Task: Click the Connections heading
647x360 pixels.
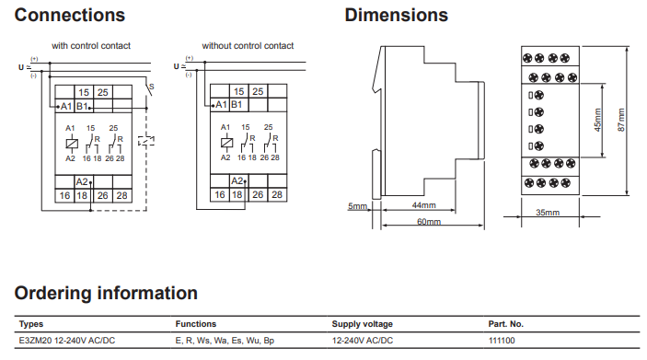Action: click(70, 16)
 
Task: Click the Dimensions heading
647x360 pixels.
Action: click(396, 16)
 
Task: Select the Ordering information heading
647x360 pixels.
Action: click(106, 293)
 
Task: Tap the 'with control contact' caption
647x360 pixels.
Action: click(91, 46)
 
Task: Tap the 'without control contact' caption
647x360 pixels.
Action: click(248, 46)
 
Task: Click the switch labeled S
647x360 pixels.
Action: click(149, 89)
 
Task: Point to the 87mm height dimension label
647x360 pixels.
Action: click(621, 120)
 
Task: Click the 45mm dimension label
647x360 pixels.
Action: click(597, 120)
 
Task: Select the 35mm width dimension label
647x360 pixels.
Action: click(548, 212)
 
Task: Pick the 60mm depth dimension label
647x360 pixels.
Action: click(429, 222)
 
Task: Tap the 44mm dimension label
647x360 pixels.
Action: click(423, 205)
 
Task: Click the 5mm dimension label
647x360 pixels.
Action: click(357, 206)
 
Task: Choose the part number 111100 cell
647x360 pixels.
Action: click(502, 341)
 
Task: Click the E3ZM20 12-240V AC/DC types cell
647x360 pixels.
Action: click(67, 341)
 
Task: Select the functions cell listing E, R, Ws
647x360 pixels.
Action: click(225, 341)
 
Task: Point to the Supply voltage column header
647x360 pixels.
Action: click(363, 324)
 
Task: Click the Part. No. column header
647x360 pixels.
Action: click(506, 324)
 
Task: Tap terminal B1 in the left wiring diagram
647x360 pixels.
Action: click(82, 107)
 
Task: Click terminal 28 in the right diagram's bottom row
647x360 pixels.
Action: click(277, 194)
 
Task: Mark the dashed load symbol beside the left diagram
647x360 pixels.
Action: click(146, 141)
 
